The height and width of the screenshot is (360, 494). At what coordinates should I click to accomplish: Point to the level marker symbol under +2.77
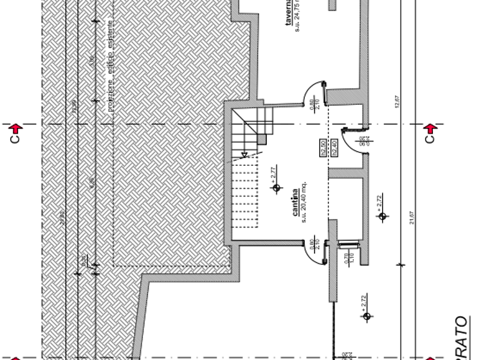pos(277,188)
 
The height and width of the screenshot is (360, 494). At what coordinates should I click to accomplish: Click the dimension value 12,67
pos(398,103)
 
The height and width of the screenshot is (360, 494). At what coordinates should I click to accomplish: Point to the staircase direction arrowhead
pos(245,154)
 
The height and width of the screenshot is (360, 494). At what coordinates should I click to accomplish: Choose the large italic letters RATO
pos(461,337)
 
